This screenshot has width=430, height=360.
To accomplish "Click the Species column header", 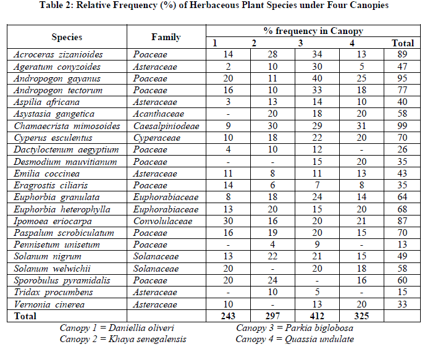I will click(x=67, y=37).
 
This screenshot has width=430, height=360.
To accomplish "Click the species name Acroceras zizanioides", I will click(x=59, y=54).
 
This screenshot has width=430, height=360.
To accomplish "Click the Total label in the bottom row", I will click(x=25, y=316).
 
